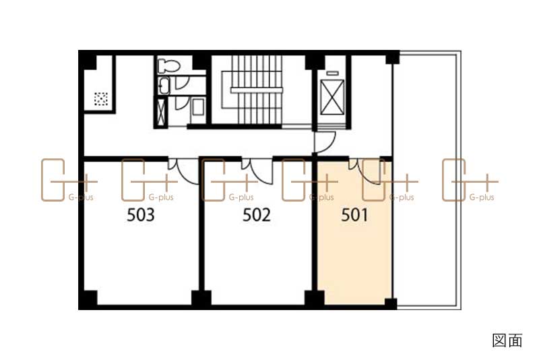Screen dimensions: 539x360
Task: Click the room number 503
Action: click(x=141, y=215)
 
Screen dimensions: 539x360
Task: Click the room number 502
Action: click(x=257, y=215)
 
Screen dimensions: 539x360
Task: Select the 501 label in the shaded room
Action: click(x=354, y=215)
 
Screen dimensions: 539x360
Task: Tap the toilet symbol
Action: click(x=168, y=65)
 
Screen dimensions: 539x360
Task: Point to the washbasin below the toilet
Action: click(x=164, y=86)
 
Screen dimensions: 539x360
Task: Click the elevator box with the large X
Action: click(x=332, y=97)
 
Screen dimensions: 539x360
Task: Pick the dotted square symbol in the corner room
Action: click(x=100, y=99)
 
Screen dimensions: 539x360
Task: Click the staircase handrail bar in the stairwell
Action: click(x=257, y=90)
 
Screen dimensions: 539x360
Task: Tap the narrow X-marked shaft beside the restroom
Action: click(x=160, y=112)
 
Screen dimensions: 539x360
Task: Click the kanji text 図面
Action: click(x=507, y=340)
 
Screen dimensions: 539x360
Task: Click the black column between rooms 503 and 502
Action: click(x=201, y=299)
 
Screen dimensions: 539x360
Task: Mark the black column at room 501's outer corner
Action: click(x=391, y=304)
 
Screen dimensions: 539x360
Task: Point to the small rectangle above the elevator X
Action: click(x=332, y=73)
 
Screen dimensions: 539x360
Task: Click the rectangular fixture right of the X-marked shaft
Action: click(x=197, y=107)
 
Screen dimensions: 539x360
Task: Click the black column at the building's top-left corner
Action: click(x=88, y=60)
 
